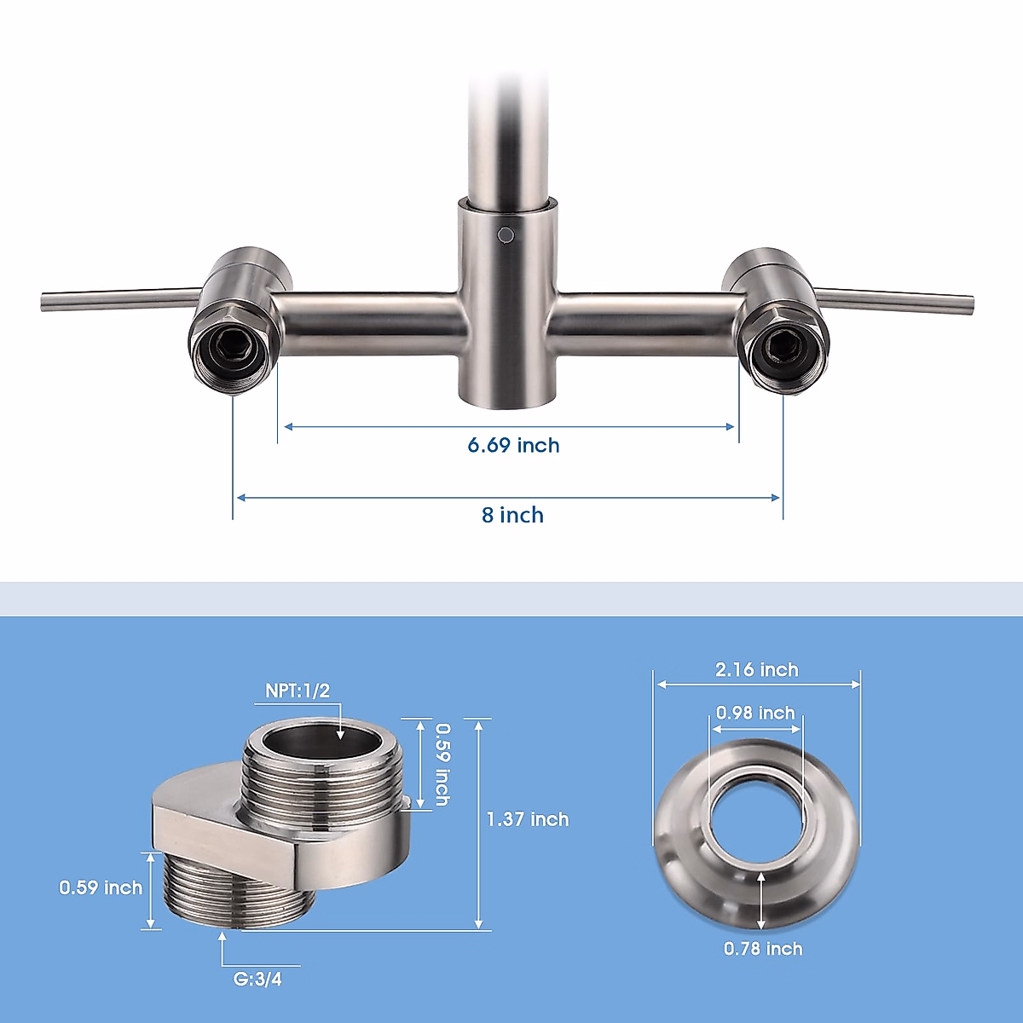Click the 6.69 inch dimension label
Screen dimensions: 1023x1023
(x=513, y=445)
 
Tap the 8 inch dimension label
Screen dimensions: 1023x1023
(x=512, y=515)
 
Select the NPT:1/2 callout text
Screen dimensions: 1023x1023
(x=298, y=691)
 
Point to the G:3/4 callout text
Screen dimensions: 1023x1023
(x=257, y=980)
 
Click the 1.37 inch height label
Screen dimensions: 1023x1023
(x=528, y=819)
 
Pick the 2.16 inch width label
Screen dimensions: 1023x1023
(x=756, y=669)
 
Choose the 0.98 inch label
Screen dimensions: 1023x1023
(x=755, y=713)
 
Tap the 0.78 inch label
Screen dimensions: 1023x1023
(x=763, y=949)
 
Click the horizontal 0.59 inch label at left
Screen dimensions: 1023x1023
(x=101, y=887)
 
